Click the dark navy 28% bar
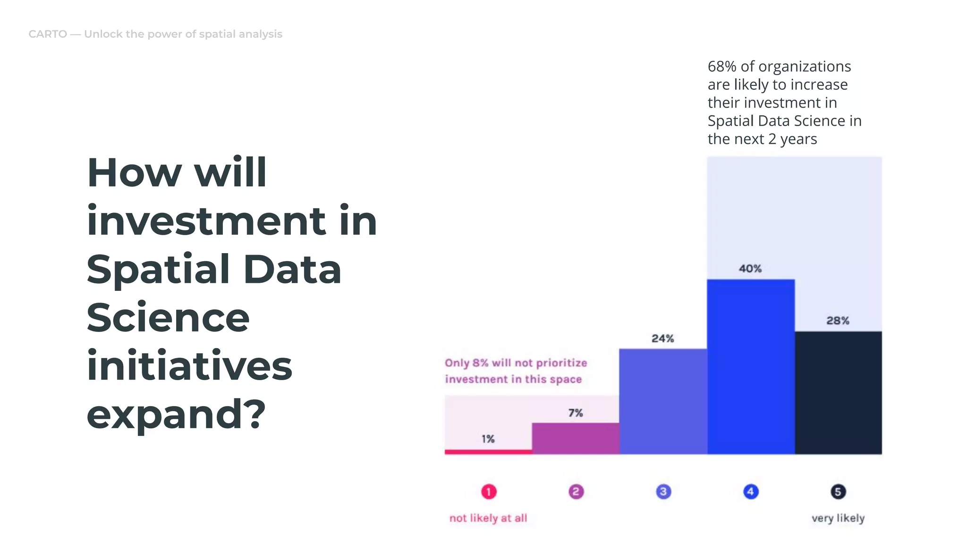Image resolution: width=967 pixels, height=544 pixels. point(838,392)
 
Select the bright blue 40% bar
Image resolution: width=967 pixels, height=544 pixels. point(751,366)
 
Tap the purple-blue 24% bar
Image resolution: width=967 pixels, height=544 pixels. point(663,401)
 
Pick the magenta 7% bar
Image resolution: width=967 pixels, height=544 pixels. point(576,438)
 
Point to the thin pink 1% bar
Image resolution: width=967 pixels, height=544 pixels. point(488,452)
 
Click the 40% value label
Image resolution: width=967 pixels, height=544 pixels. point(750,269)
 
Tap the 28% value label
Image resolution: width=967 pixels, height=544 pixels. point(838,321)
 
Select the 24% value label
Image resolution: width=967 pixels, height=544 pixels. point(662,339)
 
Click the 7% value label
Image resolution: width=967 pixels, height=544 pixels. point(575,413)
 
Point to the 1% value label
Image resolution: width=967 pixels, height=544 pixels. point(488,439)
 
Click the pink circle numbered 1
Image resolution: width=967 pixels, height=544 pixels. point(489,492)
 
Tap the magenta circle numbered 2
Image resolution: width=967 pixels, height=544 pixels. point(576,492)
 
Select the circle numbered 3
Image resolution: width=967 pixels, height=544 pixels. point(663,492)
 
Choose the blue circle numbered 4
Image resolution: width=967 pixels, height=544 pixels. point(751,492)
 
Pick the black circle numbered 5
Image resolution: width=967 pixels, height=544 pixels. point(838,492)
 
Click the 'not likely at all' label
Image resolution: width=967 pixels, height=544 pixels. point(488,518)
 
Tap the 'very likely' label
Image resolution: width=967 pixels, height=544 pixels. point(838,518)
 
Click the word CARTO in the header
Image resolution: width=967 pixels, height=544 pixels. point(48,34)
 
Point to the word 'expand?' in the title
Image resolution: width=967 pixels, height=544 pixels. point(176,414)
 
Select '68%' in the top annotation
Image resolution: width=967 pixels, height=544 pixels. point(721,67)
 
